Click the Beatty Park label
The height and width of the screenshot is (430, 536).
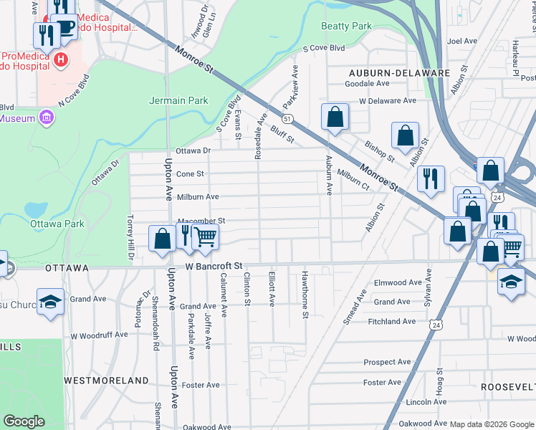(347, 27)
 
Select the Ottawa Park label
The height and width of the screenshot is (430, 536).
(57, 224)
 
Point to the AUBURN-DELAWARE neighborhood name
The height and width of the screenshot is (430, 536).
(399, 73)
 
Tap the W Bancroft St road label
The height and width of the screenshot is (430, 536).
(215, 266)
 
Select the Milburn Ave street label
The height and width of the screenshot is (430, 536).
(198, 196)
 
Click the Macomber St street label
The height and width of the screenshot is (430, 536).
(201, 221)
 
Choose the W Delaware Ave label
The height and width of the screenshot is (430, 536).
(388, 101)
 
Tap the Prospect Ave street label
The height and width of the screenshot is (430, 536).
(387, 363)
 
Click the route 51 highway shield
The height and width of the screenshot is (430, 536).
(287, 118)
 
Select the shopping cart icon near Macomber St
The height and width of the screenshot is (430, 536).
(206, 236)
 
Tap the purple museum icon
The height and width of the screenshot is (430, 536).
(47, 117)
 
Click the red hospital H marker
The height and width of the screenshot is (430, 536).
(62, 59)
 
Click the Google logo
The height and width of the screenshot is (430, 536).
(24, 421)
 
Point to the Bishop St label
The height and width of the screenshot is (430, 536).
(379, 151)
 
